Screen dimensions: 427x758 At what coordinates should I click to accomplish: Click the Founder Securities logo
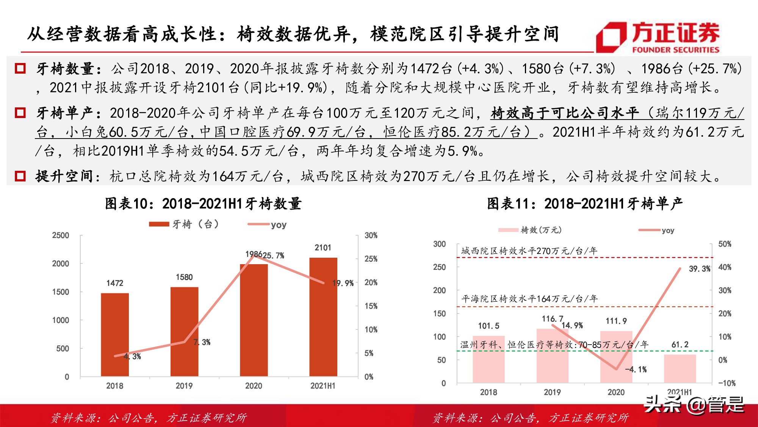[x=658, y=37]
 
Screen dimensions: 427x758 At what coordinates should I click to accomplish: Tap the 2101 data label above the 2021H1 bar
[x=323, y=247]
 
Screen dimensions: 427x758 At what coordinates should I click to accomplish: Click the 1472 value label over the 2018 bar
[x=114, y=283]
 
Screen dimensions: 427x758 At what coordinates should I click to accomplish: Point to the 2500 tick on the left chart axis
[x=61, y=235]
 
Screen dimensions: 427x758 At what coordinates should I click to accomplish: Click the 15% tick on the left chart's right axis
[x=371, y=306]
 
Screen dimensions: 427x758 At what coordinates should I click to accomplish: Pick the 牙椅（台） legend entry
[x=184, y=224]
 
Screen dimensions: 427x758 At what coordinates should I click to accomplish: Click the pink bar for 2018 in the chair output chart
[x=488, y=359]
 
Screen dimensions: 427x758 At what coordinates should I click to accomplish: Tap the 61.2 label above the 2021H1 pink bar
[x=680, y=345]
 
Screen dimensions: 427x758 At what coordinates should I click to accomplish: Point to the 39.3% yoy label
[x=699, y=269]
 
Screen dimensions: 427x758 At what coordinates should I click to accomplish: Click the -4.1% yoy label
[x=636, y=369]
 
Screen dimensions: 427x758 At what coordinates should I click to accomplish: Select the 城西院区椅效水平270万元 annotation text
[x=529, y=251]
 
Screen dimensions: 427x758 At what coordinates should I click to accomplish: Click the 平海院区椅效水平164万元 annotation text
[x=529, y=299]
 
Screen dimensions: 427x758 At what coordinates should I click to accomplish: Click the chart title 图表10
[x=203, y=204]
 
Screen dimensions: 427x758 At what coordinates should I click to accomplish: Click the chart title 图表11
[x=585, y=204]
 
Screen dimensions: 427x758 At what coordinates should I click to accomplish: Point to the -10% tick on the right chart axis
[x=727, y=383]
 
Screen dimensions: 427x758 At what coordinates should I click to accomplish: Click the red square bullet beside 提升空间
[x=20, y=176]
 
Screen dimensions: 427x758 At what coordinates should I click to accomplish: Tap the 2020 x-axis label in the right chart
[x=616, y=392]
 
